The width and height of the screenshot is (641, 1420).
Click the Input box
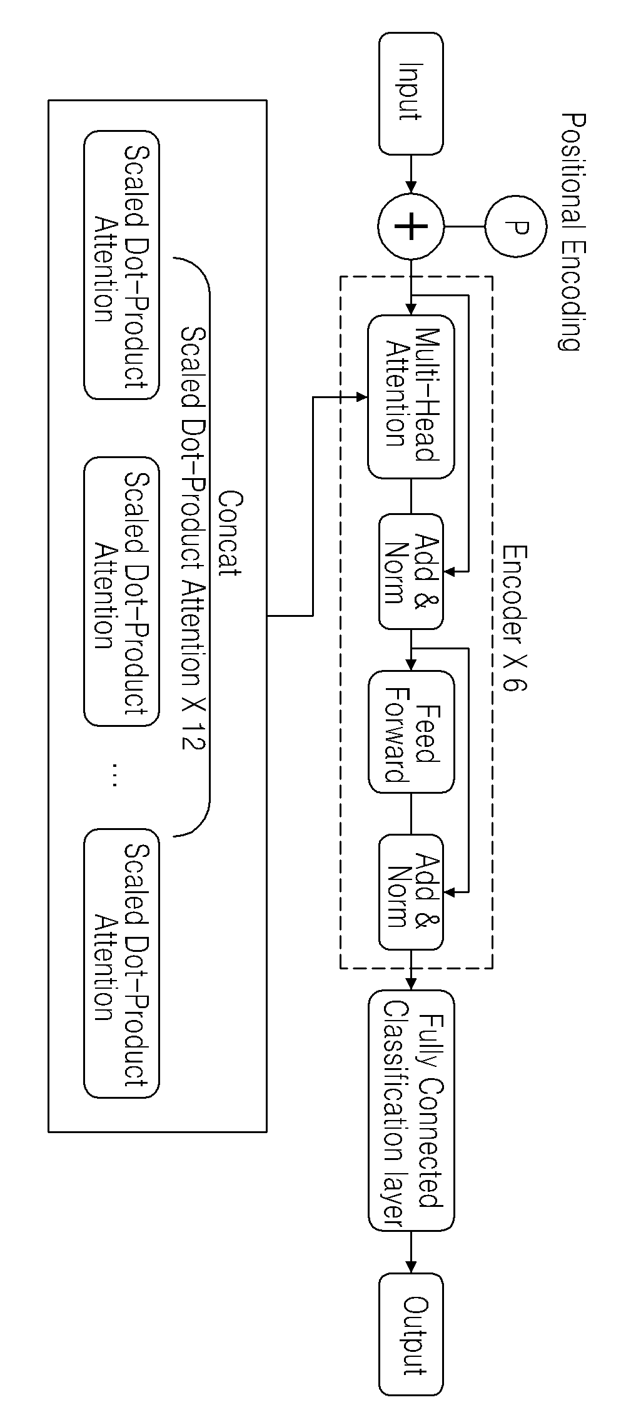pyautogui.click(x=411, y=94)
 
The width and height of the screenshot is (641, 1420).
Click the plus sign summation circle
pyautogui.click(x=411, y=226)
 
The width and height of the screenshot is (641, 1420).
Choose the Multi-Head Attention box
pyautogui.click(x=411, y=397)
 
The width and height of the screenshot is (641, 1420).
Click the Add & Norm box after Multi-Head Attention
pyautogui.click(x=411, y=571)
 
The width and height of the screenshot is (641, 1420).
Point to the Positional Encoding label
pyautogui.click(x=571, y=232)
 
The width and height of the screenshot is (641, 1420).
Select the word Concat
pyautogui.click(x=230, y=534)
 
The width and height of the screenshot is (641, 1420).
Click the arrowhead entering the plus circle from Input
pyautogui.click(x=411, y=188)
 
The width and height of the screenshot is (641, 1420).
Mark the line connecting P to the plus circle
pyautogui.click(x=465, y=226)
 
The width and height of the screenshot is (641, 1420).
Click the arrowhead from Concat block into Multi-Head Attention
pyautogui.click(x=361, y=397)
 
